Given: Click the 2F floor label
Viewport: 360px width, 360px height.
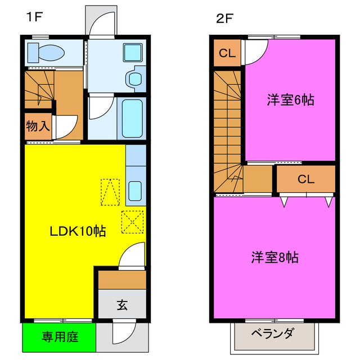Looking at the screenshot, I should (224, 17).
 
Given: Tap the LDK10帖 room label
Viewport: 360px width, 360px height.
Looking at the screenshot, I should (79, 230).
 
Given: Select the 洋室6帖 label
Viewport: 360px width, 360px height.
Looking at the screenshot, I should (290, 101).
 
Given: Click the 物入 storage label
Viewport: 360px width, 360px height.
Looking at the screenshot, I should (38, 126).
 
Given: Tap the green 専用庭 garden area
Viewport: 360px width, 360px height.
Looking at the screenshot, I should (60, 337).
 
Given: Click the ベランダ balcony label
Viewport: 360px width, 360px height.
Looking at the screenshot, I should (272, 334).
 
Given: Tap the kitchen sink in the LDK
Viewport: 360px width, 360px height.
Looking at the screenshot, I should (136, 191).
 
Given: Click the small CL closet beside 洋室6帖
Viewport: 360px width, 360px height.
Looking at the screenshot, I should (227, 53).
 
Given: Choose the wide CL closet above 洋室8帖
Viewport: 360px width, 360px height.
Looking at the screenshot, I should (305, 179).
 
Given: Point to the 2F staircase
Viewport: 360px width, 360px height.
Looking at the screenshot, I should (227, 129).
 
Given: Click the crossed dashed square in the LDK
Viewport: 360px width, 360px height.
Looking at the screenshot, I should (133, 222).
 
